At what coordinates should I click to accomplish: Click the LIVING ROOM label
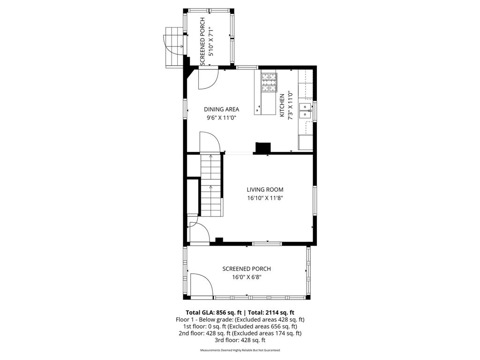(x=265, y=190)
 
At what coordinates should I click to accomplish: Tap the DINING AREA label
(x=221, y=109)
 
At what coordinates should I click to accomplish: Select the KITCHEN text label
(x=282, y=105)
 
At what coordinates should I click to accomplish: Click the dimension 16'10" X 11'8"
(x=265, y=198)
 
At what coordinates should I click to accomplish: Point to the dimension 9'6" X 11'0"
(x=221, y=118)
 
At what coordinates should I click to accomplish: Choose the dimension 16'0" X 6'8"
(x=247, y=277)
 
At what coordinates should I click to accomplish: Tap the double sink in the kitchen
(x=305, y=111)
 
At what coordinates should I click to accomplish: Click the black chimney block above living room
(x=262, y=148)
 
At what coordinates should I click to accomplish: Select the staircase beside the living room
(x=210, y=185)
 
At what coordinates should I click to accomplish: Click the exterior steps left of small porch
(x=172, y=47)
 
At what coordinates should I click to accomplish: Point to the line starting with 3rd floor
(x=240, y=340)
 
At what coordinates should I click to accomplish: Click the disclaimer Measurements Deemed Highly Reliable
(x=240, y=350)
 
